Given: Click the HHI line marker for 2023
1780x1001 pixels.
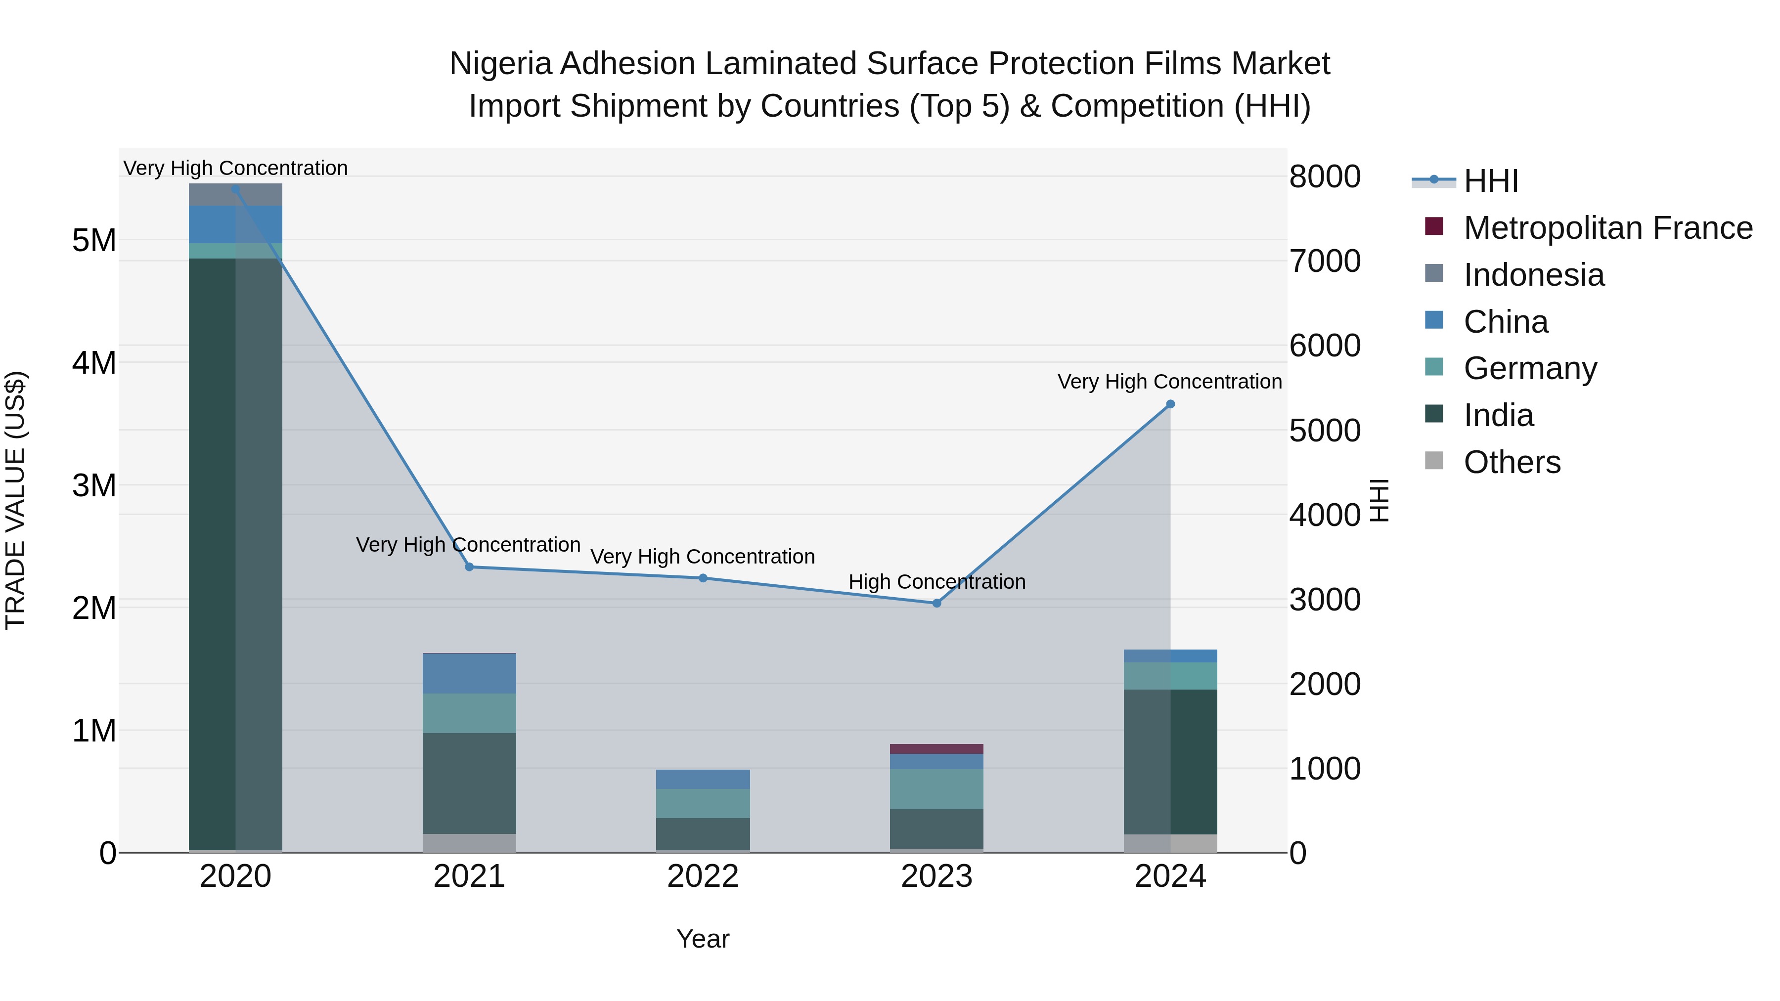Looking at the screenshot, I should (936, 603).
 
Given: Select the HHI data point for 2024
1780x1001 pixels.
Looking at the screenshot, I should (1170, 404).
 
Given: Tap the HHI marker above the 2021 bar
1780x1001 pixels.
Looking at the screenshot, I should (469, 566).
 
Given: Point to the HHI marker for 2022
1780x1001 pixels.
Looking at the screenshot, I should (703, 578).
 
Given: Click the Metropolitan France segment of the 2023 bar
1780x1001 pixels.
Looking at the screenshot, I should (936, 749).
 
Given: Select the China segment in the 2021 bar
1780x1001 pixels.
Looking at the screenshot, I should (469, 674).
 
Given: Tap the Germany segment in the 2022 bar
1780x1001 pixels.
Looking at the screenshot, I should (703, 803).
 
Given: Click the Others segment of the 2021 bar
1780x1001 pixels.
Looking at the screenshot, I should (469, 843).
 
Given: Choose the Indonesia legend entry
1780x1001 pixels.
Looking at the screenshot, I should (1533, 275).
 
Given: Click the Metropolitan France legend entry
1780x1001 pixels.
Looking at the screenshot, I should (1607, 228).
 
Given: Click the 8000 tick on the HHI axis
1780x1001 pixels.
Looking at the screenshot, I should (1325, 177).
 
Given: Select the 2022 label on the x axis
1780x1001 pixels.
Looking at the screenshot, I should (703, 876).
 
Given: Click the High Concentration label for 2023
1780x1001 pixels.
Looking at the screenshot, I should (936, 582).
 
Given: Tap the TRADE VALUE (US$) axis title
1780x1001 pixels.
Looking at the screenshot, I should (15, 500).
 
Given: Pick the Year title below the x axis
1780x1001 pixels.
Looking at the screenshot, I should (703, 939).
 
